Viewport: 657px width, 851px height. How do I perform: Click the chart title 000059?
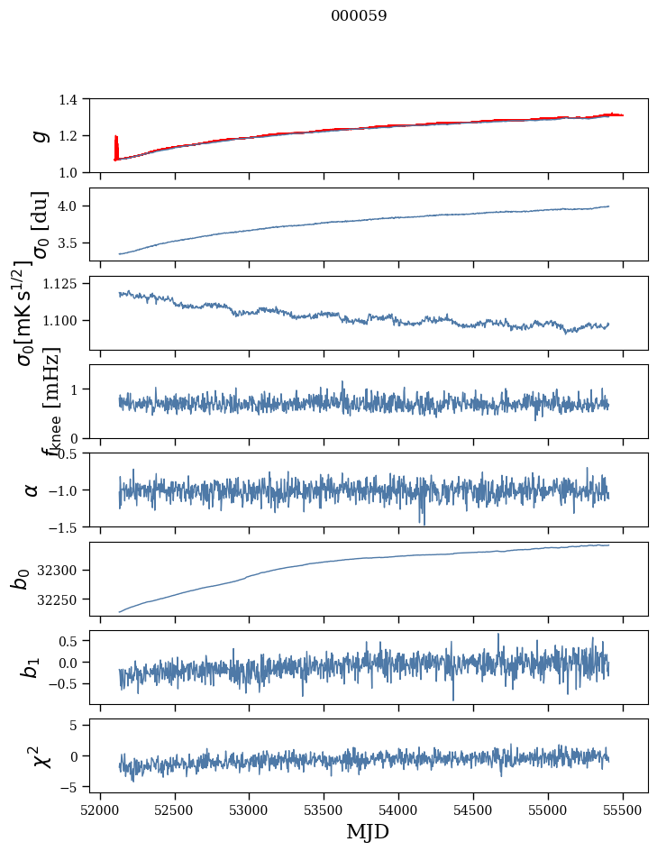coord(359,16)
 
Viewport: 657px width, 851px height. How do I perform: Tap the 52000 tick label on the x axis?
coord(100,808)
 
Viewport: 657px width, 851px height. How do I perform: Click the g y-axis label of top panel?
coord(38,135)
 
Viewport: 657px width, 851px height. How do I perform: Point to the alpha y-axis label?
coord(32,490)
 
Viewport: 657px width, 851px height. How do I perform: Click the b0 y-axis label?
coord(20,579)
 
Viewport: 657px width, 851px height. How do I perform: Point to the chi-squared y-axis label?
coord(40,755)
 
